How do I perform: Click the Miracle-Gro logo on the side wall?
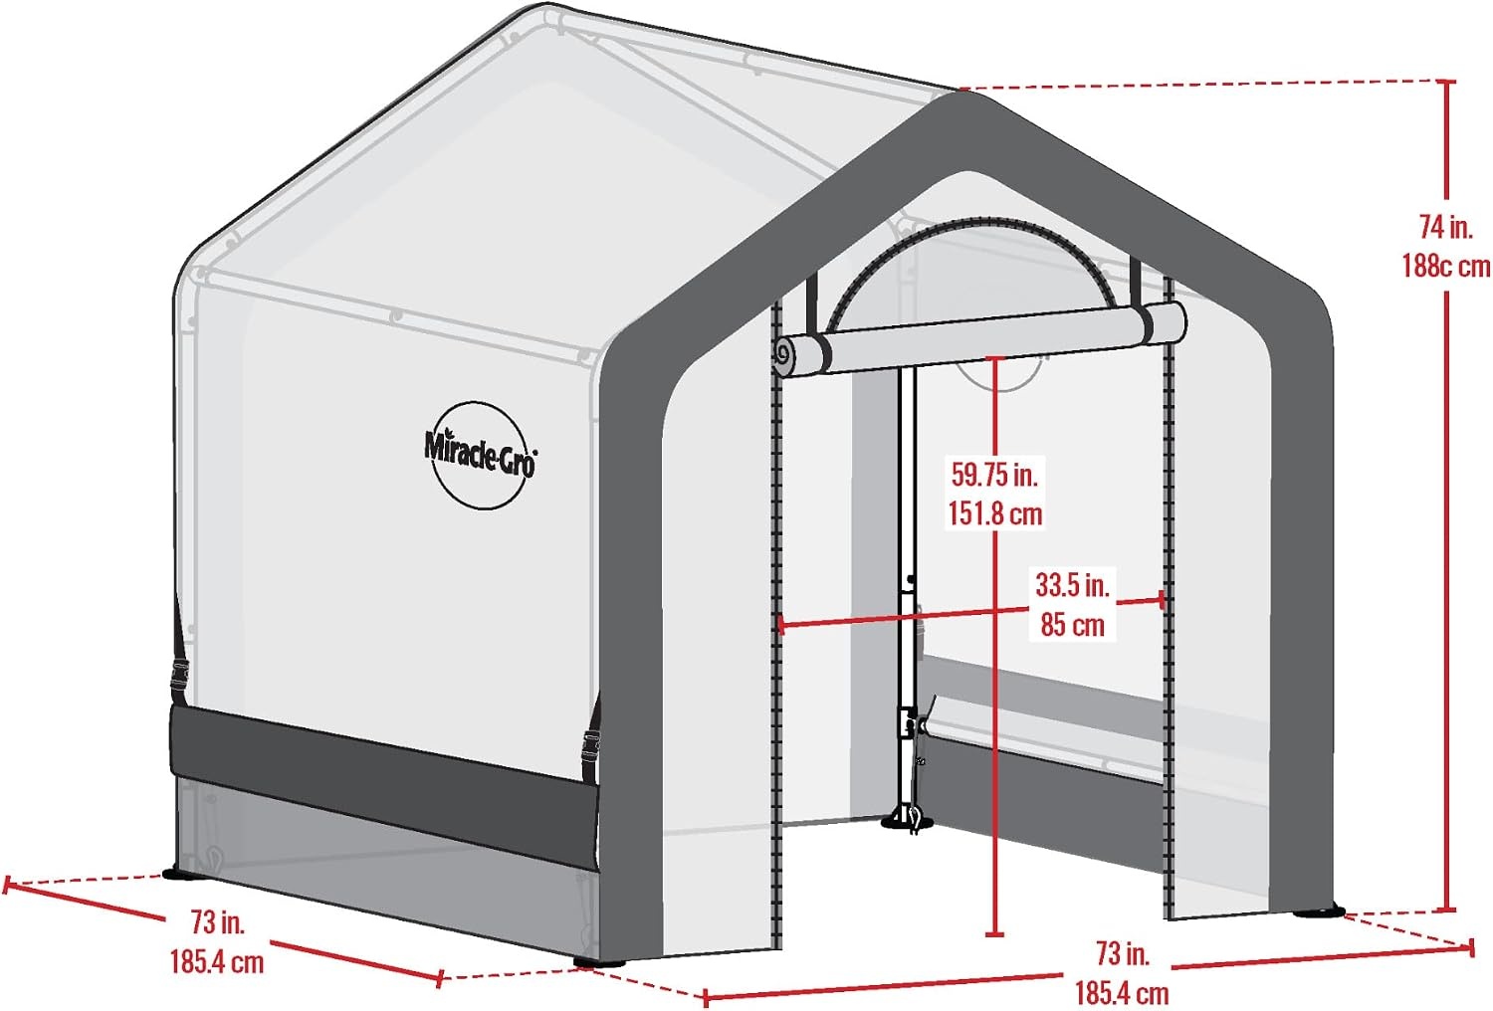[x=480, y=456]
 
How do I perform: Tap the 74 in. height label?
[x=1445, y=228]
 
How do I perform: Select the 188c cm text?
[x=1445, y=267]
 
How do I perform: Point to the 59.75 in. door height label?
[x=994, y=476]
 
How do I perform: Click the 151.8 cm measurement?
[x=994, y=513]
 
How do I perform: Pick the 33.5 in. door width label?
[x=1072, y=585]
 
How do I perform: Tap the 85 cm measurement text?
[x=1072, y=625]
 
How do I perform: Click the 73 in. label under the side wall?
[x=218, y=922]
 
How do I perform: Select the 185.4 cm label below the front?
[x=1122, y=993]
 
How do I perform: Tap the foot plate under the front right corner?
[x=1319, y=911]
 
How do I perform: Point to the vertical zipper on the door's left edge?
[x=776, y=627]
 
